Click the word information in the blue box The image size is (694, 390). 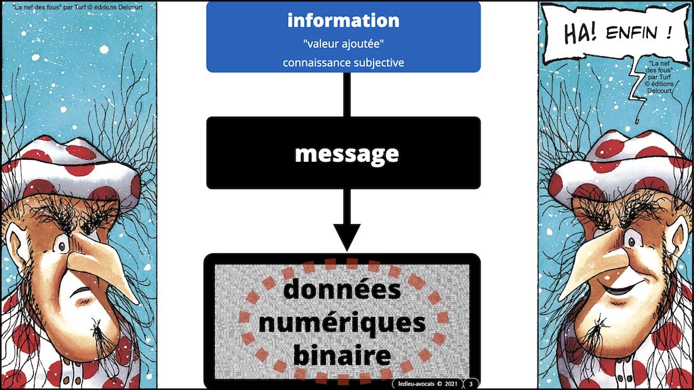pyautogui.click(x=343, y=20)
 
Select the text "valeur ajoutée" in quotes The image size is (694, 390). pyautogui.click(x=344, y=45)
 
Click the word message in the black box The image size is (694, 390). pyautogui.click(x=346, y=154)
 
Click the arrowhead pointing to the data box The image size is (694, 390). pyautogui.click(x=346, y=238)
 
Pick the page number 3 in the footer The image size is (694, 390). pyautogui.click(x=471, y=384)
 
